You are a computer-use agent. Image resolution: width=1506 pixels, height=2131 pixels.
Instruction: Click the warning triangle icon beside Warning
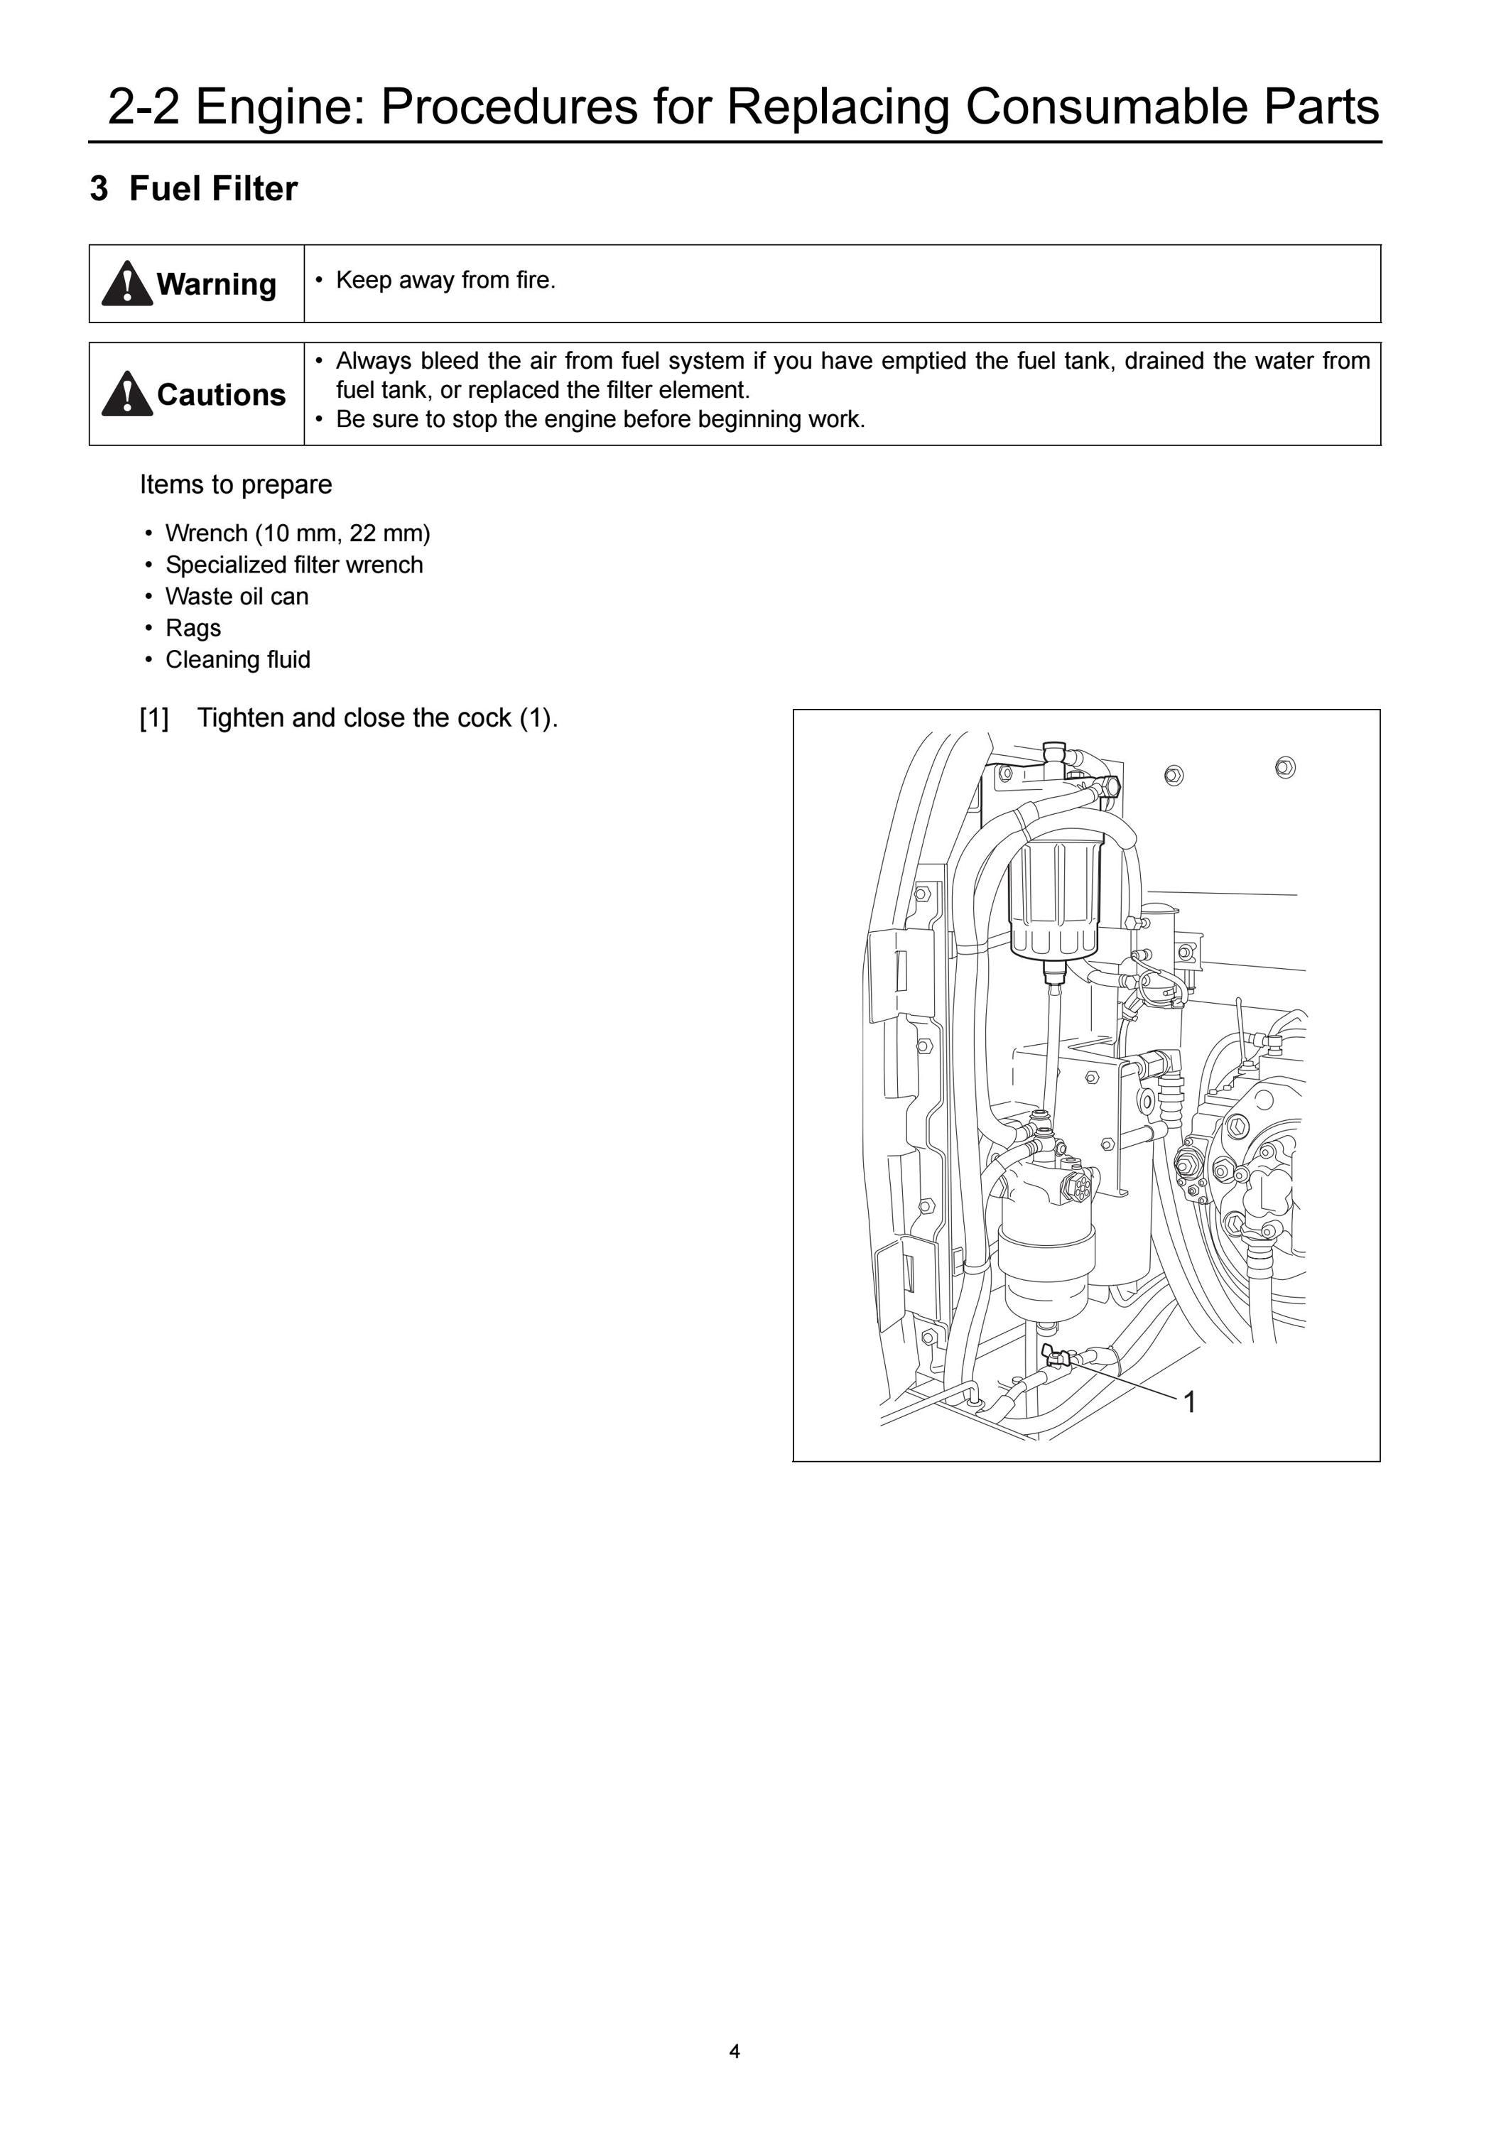coord(127,283)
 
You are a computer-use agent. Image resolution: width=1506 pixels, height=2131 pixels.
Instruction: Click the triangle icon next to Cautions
coord(127,394)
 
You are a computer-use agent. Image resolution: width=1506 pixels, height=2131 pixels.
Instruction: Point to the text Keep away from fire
coord(445,281)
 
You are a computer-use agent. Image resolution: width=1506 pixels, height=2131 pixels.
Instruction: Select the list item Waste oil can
coord(237,596)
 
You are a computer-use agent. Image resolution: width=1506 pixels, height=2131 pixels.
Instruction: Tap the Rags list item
coord(193,629)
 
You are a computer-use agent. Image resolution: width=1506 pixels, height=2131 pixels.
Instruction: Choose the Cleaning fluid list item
coord(237,660)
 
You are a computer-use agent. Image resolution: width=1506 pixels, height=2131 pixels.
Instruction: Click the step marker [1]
coord(154,718)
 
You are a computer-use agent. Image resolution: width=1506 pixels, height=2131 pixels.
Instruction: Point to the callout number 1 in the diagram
coord(1191,1401)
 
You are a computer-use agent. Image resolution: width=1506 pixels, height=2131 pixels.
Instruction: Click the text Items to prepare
coord(236,484)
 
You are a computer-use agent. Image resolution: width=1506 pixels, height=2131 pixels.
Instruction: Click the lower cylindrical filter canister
coord(1046,1267)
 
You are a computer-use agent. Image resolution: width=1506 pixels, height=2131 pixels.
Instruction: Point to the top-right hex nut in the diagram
coord(1285,768)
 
